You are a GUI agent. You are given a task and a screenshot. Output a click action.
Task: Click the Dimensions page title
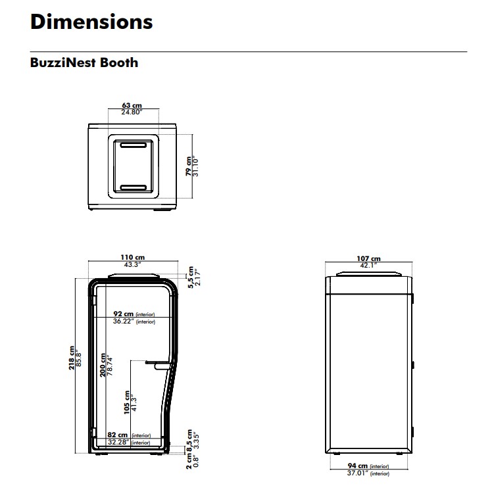tap(91, 22)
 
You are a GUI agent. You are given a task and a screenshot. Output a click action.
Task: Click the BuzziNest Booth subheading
tap(84, 62)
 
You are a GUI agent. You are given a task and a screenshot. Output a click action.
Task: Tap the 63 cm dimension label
tap(132, 105)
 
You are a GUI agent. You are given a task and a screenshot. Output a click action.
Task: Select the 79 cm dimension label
tap(188, 166)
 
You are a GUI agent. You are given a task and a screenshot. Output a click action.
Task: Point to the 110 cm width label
tap(133, 257)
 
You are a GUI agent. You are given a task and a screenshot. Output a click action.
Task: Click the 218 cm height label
tap(72, 358)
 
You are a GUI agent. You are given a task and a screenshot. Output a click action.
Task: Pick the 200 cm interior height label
tap(103, 365)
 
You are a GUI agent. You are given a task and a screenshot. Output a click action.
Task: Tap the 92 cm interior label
tap(123, 314)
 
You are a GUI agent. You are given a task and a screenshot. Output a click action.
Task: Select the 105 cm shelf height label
tap(127, 402)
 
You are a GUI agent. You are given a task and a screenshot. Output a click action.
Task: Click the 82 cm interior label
tap(118, 435)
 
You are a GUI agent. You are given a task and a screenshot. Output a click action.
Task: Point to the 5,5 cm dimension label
tap(191, 277)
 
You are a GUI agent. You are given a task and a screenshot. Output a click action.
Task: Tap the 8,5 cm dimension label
tap(189, 441)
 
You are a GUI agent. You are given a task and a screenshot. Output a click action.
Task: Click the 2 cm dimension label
tap(189, 462)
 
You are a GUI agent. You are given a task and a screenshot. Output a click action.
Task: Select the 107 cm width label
tap(369, 258)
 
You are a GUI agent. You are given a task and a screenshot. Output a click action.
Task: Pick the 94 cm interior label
tap(358, 466)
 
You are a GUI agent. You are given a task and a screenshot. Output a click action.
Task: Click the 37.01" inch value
tap(358, 473)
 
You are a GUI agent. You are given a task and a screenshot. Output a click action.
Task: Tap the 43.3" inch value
tap(133, 265)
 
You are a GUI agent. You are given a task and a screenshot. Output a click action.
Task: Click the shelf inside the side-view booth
tap(158, 364)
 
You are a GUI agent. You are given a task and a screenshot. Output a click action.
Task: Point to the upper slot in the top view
tap(133, 145)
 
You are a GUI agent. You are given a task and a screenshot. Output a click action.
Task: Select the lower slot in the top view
tap(133, 187)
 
